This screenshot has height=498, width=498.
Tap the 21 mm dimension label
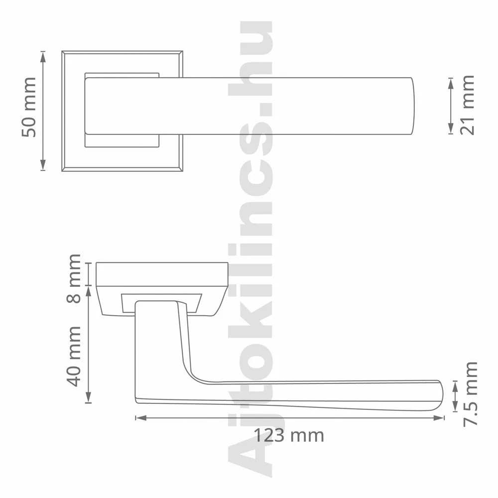(467, 105)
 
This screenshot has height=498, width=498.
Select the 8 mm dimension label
(75, 278)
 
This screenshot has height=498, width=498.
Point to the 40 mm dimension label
(75, 356)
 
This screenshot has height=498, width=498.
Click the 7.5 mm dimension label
(471, 394)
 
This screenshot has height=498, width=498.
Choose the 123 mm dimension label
(289, 435)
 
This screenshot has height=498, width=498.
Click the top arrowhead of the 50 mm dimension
(43, 57)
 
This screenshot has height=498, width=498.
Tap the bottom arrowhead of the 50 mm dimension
(43, 165)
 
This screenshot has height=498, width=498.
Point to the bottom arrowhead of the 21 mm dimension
(451, 128)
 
